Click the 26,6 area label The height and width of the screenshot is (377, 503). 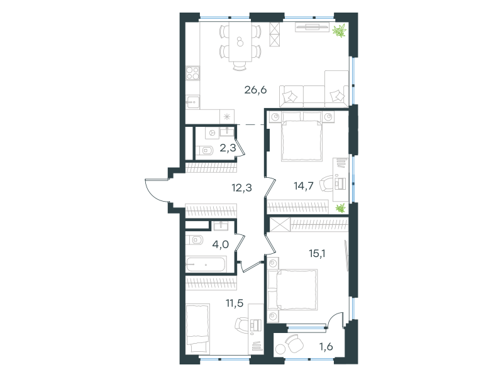coord(255,90)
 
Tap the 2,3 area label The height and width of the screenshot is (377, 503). coord(228,148)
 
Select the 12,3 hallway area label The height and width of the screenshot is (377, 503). coord(241,187)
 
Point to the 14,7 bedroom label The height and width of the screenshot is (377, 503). coord(304,185)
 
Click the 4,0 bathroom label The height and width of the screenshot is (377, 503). coord(221,244)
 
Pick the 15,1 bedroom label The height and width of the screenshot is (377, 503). coord(317,254)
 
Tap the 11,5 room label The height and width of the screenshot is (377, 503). coord(235,303)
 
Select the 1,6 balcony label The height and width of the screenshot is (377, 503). coord(326,347)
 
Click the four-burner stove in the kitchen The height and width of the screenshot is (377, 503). coord(193,73)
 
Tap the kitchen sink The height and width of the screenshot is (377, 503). coord(192,102)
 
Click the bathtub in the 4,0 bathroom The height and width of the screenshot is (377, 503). coord(206,265)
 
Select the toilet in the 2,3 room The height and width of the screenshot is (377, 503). coord(205,150)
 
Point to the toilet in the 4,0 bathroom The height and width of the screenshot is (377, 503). coord(194,240)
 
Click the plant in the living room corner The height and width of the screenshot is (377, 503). coord(340,30)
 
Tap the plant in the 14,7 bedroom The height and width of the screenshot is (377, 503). coord(340,208)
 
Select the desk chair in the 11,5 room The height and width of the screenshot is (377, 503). coord(242,325)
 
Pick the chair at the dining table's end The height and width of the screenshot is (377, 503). coord(240,65)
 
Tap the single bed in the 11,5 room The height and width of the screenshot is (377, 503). coord(197,329)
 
